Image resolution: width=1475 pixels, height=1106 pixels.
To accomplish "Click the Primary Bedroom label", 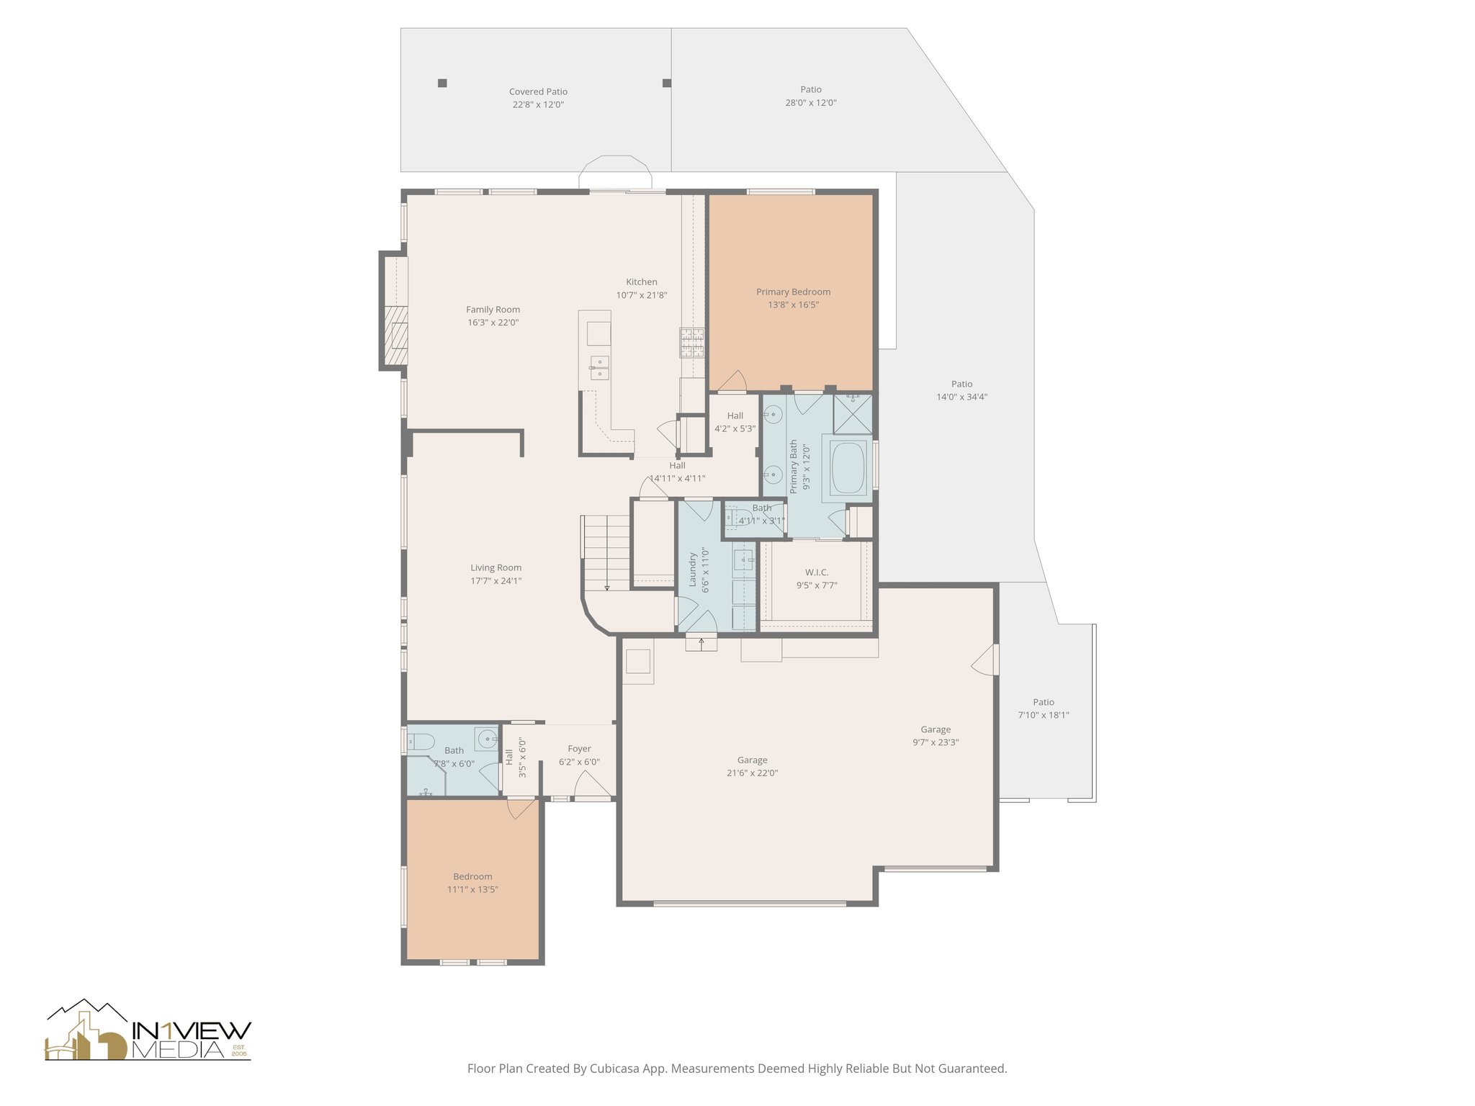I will (793, 292).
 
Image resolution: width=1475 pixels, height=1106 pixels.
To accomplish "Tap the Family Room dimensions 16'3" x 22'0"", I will (493, 323).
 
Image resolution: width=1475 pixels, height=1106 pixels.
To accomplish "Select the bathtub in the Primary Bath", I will (851, 467).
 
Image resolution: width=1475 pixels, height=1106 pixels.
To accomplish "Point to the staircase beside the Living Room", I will (606, 552).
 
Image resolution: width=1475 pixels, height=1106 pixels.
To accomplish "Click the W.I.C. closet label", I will (817, 572).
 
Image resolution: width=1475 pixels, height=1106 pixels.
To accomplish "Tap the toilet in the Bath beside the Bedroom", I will (421, 741).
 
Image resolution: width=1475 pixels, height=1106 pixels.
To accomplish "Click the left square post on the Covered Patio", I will (442, 83).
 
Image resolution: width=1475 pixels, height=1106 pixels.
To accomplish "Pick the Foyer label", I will (579, 749).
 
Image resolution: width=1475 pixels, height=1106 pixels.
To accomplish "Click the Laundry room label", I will (693, 570).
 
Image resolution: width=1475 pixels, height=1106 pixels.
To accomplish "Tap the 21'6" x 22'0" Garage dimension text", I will (752, 773).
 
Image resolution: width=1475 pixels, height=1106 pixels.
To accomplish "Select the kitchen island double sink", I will (599, 367).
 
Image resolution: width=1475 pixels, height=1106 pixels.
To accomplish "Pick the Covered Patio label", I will (538, 91).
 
